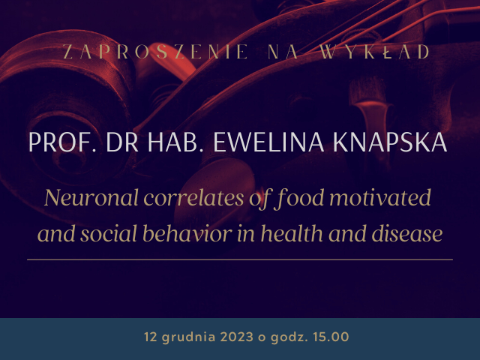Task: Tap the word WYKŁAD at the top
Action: pos(375,52)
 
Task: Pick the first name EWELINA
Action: pos(268,142)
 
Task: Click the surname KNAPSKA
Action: pos(390,142)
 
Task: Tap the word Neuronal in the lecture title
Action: pos(91,198)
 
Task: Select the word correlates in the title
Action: pos(193,198)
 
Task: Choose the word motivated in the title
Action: pos(380,198)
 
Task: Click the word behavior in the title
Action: pos(187,233)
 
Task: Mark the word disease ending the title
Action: pos(407,233)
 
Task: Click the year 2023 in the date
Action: pos(237,337)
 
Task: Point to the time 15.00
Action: pos(331,337)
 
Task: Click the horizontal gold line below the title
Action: pos(240,259)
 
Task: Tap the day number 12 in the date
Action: pos(151,337)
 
